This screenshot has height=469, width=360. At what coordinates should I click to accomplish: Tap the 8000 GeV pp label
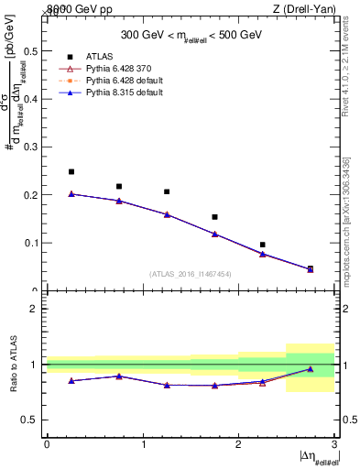coord(74,9)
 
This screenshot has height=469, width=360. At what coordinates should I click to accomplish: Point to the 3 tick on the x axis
coord(334,444)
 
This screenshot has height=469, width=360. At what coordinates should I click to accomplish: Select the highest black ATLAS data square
coord(71,171)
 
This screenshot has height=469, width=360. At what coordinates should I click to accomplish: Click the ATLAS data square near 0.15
coord(214,217)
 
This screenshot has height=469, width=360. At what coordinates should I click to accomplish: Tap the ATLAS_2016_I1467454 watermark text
coord(190,273)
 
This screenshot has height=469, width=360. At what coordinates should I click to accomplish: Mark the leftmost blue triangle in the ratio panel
coord(71,380)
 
